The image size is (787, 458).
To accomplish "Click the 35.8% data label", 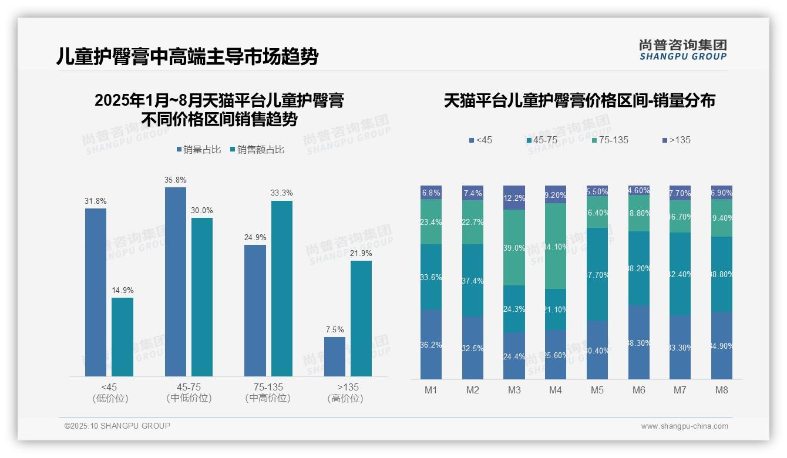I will (176, 180).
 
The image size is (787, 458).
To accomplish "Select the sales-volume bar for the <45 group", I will (96, 292).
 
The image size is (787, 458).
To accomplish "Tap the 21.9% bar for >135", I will (361, 318).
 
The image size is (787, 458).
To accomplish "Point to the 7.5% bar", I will (335, 356).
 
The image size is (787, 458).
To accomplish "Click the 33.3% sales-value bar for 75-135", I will (282, 288).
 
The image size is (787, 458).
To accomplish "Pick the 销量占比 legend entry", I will (199, 150).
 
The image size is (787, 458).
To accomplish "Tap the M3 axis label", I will (514, 390).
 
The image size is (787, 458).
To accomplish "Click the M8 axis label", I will (722, 390).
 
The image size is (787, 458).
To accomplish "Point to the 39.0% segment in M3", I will (514, 248).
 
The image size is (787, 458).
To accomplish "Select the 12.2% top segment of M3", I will (514, 198).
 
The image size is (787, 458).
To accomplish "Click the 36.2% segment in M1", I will (431, 344).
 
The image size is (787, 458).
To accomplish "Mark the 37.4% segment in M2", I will (473, 281).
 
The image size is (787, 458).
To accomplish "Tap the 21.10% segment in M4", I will (556, 309).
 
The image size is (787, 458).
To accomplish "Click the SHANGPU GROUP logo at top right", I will (682, 50).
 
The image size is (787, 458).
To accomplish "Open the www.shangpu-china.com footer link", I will (684, 426).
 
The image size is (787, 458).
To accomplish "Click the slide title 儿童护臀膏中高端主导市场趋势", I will (187, 57).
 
